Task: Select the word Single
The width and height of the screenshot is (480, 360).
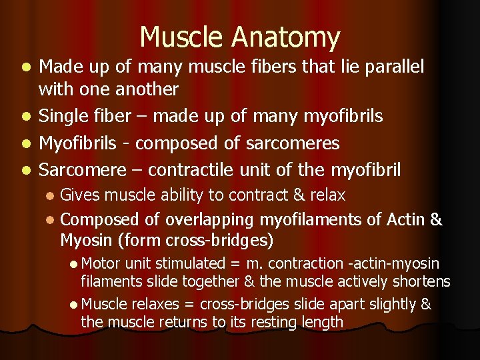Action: click(x=62, y=117)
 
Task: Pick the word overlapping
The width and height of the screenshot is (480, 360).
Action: click(x=209, y=220)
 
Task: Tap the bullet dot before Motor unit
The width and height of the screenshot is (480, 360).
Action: click(x=73, y=264)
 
